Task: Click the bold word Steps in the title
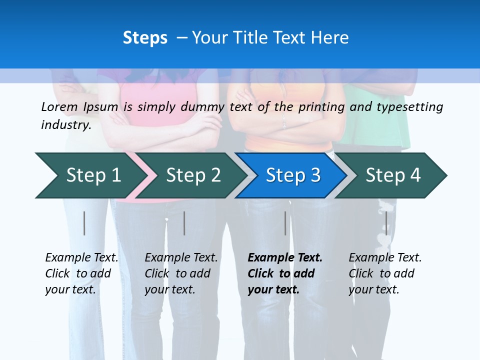click(x=145, y=37)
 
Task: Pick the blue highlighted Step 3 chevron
click(x=293, y=175)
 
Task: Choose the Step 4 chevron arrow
click(x=393, y=175)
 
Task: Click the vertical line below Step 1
click(x=84, y=223)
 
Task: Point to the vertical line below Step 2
click(x=184, y=223)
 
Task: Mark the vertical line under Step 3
click(x=285, y=223)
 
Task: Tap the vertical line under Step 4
click(x=386, y=223)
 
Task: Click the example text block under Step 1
click(x=81, y=273)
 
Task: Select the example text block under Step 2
click(x=181, y=273)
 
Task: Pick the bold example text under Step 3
click(x=285, y=273)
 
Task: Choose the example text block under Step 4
click(x=385, y=273)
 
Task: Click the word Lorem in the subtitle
click(x=59, y=106)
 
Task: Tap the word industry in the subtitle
click(x=66, y=124)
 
